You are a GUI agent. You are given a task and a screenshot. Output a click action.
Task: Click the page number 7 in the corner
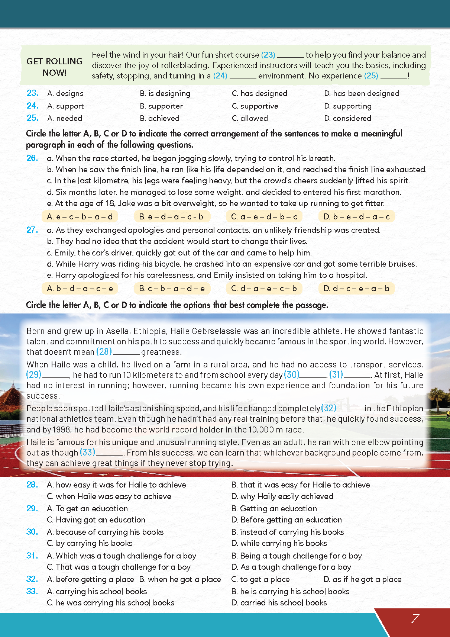(x=415, y=618)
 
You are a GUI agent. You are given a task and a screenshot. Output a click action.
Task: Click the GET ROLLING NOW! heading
(x=55, y=67)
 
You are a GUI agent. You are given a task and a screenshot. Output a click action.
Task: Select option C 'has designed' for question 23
(x=260, y=93)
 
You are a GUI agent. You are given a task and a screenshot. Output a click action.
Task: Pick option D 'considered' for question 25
(x=347, y=118)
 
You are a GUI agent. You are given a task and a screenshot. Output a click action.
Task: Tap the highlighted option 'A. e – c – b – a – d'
(x=80, y=216)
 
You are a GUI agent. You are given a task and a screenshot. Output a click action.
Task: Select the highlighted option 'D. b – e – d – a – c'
(x=356, y=216)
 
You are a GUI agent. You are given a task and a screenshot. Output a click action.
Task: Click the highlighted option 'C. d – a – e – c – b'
(x=264, y=288)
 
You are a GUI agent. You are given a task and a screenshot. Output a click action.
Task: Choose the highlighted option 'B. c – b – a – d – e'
(x=172, y=288)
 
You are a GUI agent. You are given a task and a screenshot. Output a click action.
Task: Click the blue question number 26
(x=32, y=158)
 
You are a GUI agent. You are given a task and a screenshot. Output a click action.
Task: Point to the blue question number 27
(x=32, y=230)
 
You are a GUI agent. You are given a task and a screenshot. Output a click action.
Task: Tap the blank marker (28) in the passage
(x=104, y=351)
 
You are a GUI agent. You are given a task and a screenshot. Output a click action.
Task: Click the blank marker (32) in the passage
(x=328, y=408)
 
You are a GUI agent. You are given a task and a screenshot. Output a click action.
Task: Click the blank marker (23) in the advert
(x=268, y=55)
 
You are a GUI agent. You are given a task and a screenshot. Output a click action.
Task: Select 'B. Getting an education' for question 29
(x=274, y=508)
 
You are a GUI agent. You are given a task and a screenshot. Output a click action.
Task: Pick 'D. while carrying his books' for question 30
(x=279, y=543)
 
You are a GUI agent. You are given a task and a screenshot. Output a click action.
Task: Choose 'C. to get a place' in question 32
(x=260, y=579)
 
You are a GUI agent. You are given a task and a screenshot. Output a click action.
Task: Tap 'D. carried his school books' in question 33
(x=279, y=602)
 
